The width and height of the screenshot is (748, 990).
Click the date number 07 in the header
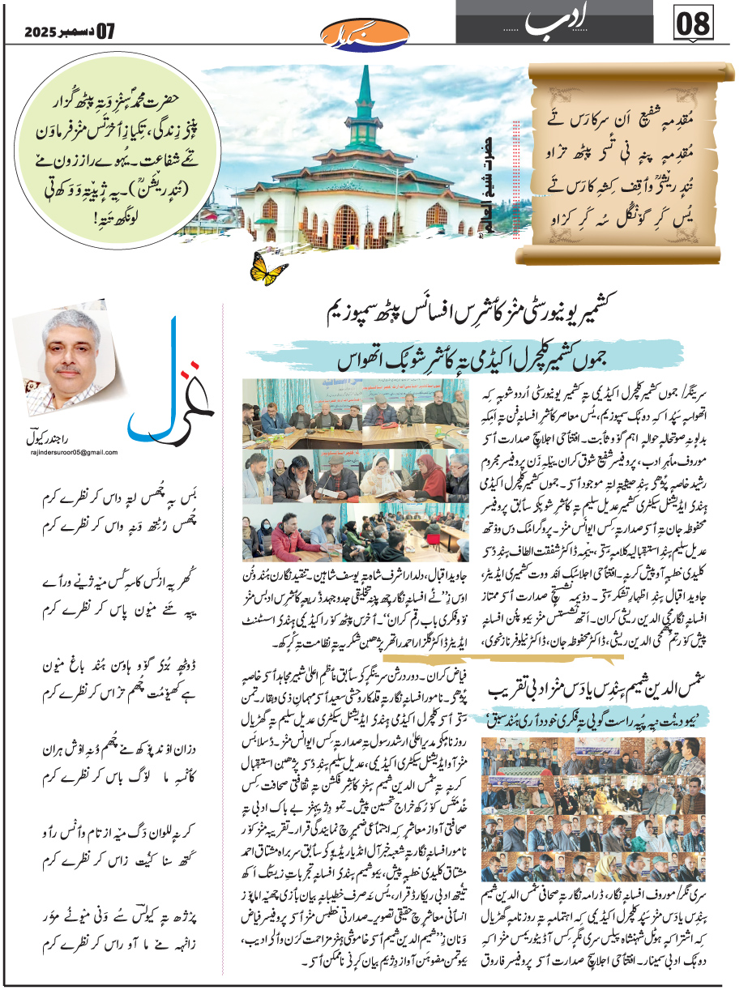coord(106,32)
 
